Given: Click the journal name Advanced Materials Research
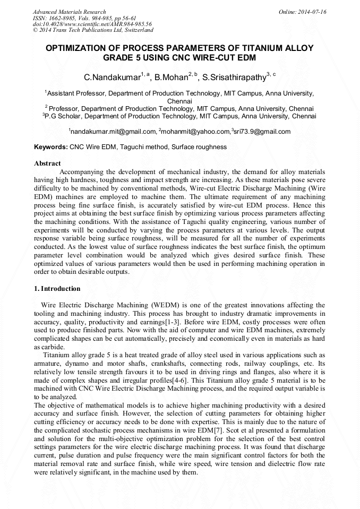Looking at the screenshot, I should click(x=70, y=12).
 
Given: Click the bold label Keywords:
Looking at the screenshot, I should click(x=51, y=146).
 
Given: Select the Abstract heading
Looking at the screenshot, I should click(x=47, y=163).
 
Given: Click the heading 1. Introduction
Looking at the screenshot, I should click(x=57, y=289).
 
